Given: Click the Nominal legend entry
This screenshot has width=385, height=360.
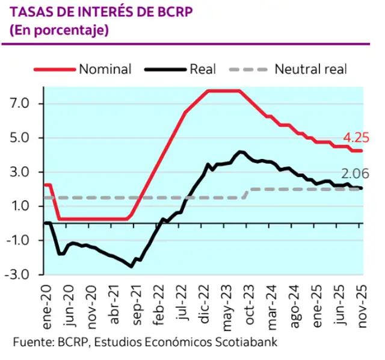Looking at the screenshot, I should [105, 69].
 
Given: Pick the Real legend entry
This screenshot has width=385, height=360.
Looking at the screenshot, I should [203, 69].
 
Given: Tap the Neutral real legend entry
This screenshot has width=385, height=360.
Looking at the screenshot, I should [310, 69].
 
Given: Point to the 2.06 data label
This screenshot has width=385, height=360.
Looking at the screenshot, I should [355, 175].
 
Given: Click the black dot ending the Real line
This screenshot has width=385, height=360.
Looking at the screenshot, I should [361, 188].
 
